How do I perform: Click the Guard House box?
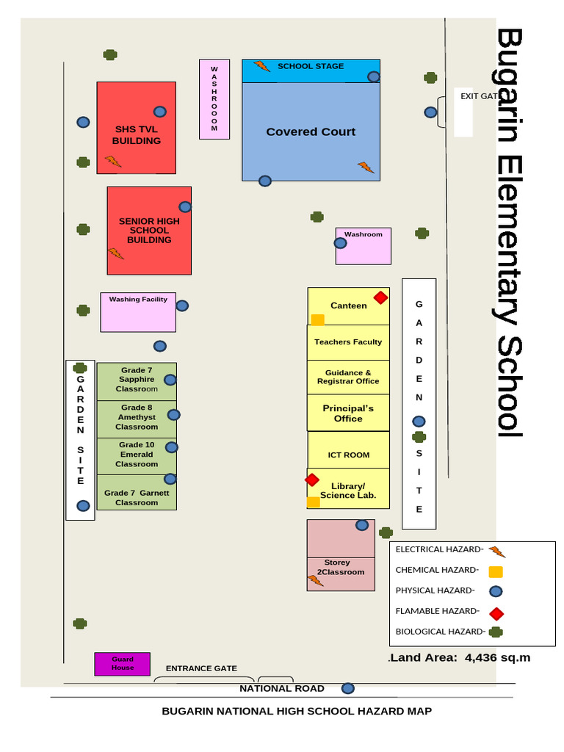(122, 664)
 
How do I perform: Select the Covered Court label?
(311, 132)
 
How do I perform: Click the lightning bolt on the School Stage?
(262, 67)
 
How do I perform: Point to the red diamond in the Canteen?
(380, 297)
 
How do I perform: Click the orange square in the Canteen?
(318, 319)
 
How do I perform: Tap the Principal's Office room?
(348, 413)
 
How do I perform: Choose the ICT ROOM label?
(348, 455)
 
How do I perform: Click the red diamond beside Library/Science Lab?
(312, 480)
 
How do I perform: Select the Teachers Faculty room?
(348, 342)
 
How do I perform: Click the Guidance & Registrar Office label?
(348, 377)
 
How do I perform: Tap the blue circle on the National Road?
(348, 688)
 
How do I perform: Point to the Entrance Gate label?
(201, 668)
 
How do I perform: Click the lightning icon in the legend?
(497, 552)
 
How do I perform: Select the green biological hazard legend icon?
(496, 632)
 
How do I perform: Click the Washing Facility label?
(138, 300)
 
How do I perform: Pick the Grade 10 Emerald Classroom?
(137, 455)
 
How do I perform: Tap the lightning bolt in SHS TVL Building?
(112, 161)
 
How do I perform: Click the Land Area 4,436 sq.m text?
(460, 657)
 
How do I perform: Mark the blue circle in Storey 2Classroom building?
(362, 525)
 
